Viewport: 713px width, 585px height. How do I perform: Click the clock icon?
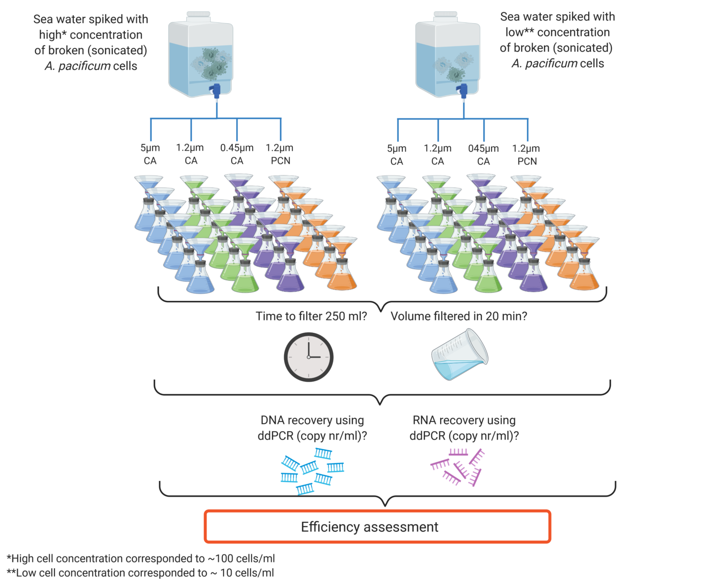tap(308, 357)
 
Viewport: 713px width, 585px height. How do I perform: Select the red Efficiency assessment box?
tap(377, 526)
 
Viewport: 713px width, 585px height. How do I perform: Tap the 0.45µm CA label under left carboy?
tap(237, 154)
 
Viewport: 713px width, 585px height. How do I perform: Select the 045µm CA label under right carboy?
tap(483, 155)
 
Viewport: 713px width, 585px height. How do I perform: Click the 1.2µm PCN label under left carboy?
tap(280, 154)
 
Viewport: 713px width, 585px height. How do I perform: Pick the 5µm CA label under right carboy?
tap(396, 155)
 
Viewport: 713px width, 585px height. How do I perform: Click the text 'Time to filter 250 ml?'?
tap(311, 316)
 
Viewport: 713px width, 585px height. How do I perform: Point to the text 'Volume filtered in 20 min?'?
tap(459, 316)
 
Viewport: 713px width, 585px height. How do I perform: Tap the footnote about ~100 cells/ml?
tap(141, 558)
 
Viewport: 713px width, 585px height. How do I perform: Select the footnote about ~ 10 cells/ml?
tap(140, 573)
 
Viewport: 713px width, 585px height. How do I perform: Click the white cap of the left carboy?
tap(199, 15)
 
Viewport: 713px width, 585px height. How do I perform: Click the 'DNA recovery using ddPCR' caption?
tap(312, 428)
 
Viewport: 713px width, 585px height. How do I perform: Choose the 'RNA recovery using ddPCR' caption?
tap(464, 428)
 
